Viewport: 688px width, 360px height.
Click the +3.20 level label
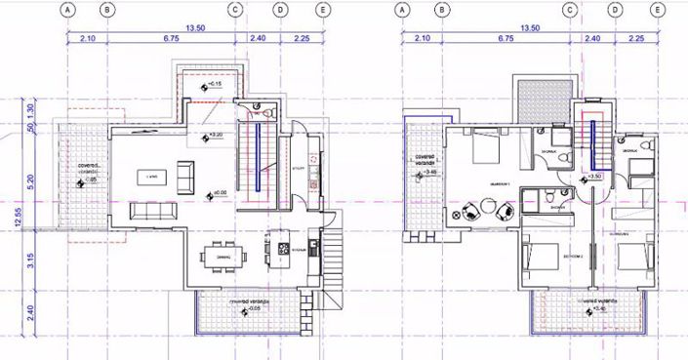tap(216, 134)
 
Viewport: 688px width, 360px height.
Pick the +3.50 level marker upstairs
tap(593, 177)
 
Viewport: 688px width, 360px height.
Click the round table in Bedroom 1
tap(485, 209)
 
